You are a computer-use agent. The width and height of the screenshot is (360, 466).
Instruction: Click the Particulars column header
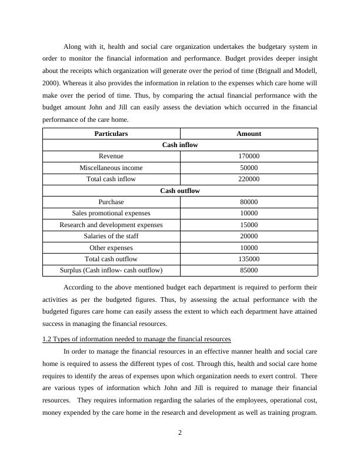[x=111, y=134]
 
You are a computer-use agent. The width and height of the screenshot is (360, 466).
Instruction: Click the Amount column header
[x=249, y=134]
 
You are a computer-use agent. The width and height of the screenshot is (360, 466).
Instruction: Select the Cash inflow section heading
[x=180, y=145]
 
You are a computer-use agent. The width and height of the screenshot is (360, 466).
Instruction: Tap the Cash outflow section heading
[x=180, y=191]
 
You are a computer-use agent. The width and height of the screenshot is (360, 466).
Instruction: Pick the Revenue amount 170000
[x=249, y=157]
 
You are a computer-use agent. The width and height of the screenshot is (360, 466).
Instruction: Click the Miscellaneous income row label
[x=111, y=168]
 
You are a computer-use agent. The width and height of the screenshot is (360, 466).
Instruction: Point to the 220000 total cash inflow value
[x=249, y=179]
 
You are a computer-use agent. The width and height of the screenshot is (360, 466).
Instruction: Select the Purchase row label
[x=111, y=202]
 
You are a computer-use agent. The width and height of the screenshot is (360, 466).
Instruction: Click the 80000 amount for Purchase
[x=249, y=202]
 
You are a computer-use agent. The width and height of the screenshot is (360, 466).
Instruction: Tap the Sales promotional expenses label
[x=111, y=213]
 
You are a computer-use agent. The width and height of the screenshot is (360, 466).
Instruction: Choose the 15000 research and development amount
[x=249, y=225]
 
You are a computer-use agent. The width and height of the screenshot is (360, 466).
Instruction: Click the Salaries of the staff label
[x=111, y=236]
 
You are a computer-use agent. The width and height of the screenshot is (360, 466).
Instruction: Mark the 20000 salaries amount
[x=249, y=236]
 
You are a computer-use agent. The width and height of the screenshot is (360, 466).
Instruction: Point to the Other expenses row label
[x=111, y=248]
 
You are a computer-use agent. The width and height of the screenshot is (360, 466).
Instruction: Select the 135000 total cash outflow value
[x=249, y=259]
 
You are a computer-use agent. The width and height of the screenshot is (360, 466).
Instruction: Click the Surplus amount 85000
[x=249, y=270]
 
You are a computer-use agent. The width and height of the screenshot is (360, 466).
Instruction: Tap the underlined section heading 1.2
[x=136, y=339]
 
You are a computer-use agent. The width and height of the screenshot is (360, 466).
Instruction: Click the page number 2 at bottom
[x=180, y=434]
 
